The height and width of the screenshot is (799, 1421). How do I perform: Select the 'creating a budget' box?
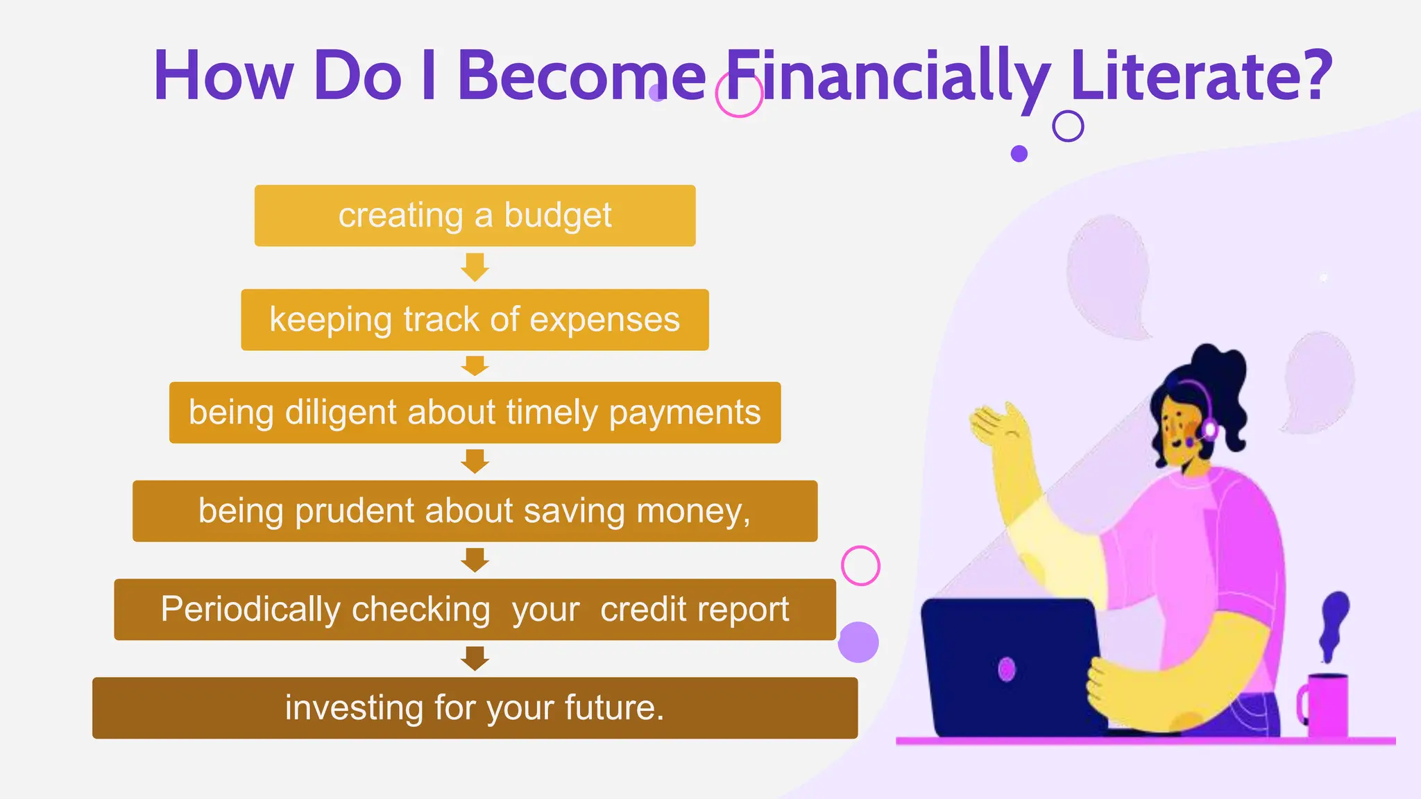pos(475,216)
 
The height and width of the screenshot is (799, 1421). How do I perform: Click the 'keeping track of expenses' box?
pos(475,320)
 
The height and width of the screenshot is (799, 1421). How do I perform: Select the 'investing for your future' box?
pos(475,707)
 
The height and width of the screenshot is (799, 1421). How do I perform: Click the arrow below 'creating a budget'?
pos(475,267)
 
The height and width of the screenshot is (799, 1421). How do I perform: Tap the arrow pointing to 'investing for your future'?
pos(475,658)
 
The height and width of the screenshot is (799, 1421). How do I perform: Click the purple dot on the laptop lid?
pos(1006,669)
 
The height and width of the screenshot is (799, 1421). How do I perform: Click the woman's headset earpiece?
pos(1209,430)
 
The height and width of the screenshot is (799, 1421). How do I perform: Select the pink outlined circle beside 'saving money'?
pos(860,566)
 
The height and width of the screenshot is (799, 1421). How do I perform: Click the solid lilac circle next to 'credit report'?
pos(858,642)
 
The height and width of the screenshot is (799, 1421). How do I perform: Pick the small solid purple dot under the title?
pos(1019,154)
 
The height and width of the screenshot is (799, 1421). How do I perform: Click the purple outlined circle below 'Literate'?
pos(1068,126)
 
